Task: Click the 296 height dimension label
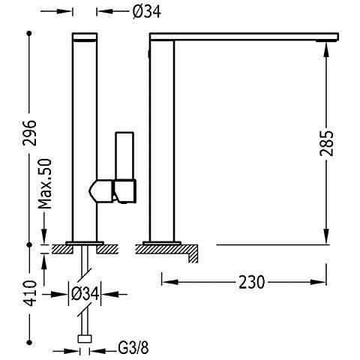pyautogui.click(x=30, y=133)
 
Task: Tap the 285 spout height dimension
pyautogui.click(x=326, y=143)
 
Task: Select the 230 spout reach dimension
pyautogui.click(x=251, y=282)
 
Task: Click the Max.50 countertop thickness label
pyautogui.click(x=45, y=184)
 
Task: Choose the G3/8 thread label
pyautogui.click(x=133, y=348)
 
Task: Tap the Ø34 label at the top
pyautogui.click(x=147, y=11)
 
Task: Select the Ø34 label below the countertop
pyautogui.click(x=85, y=294)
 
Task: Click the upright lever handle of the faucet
pyautogui.click(x=124, y=156)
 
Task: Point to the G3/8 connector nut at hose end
pyautogui.click(x=85, y=339)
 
